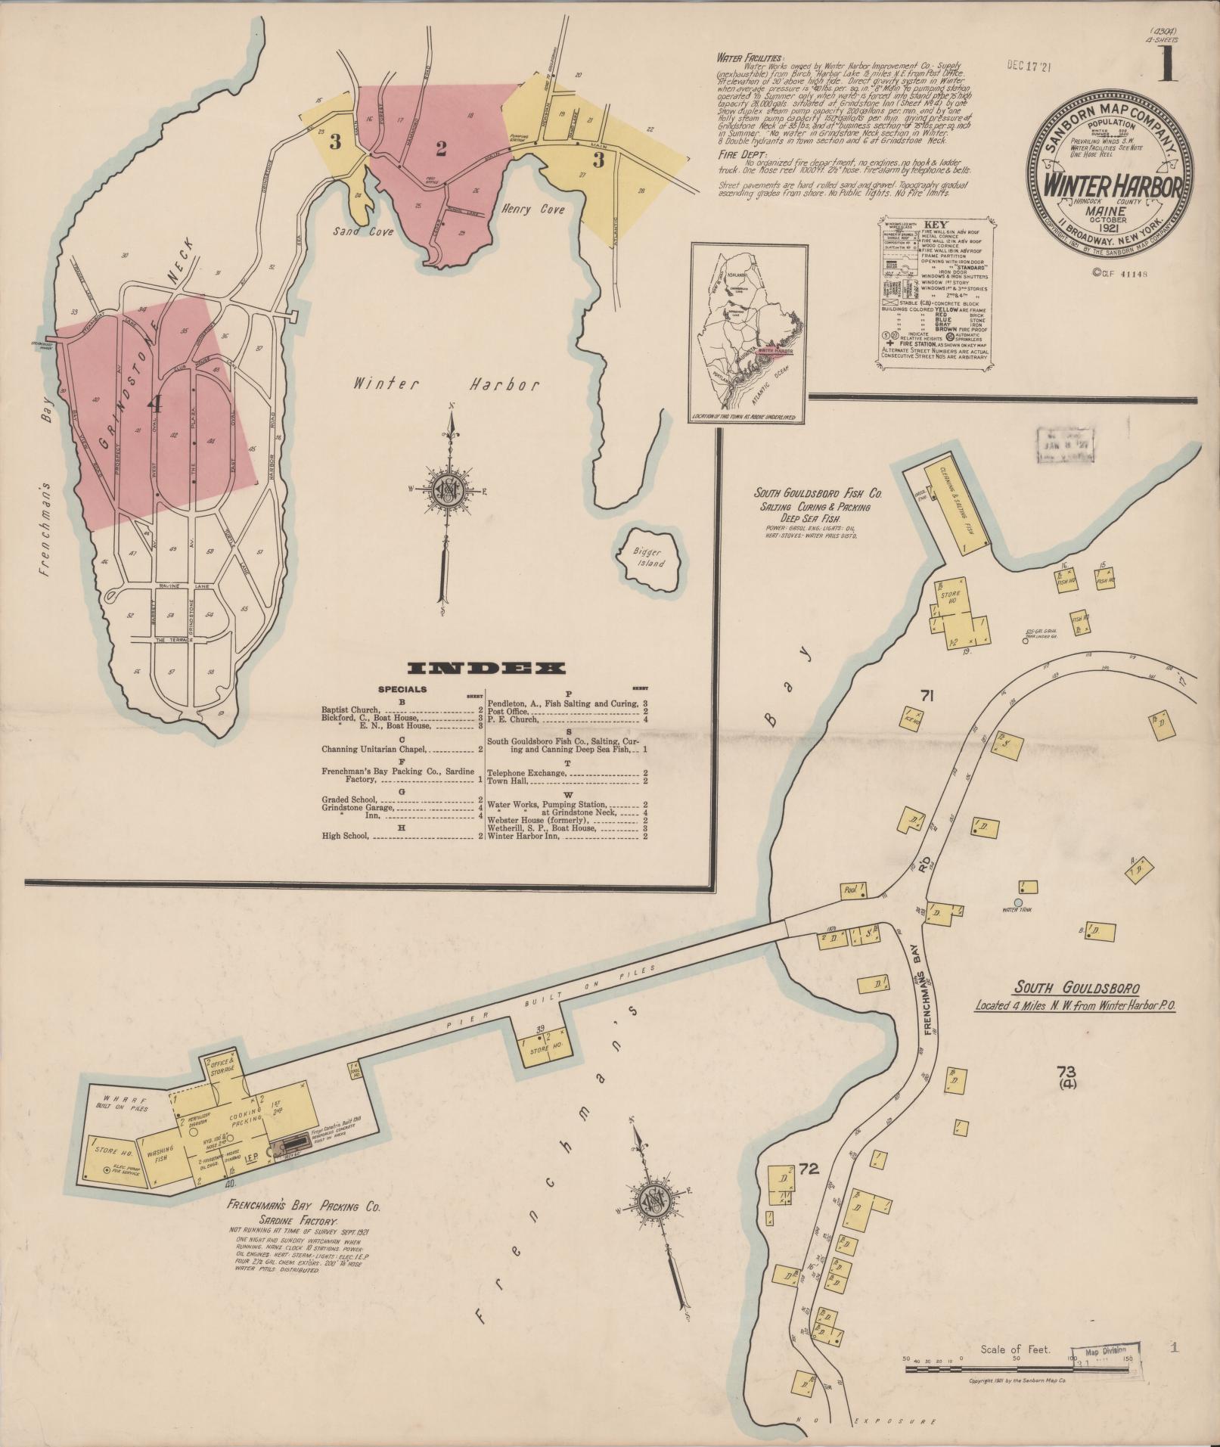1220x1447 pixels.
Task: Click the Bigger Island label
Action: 649,557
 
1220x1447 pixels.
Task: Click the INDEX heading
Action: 486,669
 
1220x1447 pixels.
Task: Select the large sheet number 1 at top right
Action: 1169,67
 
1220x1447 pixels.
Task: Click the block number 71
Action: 928,696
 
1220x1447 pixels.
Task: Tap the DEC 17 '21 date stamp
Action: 1029,66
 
